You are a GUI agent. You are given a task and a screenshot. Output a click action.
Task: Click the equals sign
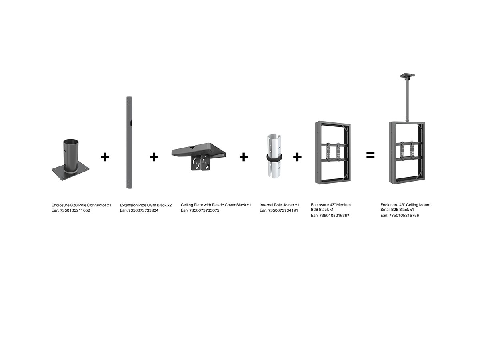[x=370, y=155]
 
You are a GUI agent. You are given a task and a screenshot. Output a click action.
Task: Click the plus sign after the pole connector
[x=105, y=157]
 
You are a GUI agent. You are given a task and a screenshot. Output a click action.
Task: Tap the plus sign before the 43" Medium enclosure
[x=297, y=157]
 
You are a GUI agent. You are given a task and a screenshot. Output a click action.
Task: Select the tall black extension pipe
[x=129, y=142]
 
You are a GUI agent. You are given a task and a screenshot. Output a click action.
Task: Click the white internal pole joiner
[x=274, y=156]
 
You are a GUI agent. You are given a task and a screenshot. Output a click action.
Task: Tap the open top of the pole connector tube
[x=71, y=142]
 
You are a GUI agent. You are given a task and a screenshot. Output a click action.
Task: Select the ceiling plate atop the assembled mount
[x=407, y=76]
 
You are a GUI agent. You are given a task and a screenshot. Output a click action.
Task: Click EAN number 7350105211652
[x=75, y=210]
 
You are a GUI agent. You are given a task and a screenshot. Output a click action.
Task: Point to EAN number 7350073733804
[x=143, y=210]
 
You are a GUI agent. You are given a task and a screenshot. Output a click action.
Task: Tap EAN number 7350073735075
[x=204, y=210]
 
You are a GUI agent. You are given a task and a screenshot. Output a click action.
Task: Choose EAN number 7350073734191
[x=283, y=210]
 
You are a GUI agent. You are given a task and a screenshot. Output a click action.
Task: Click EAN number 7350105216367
[x=334, y=216]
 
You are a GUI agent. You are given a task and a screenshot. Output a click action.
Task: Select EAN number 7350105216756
[x=404, y=215]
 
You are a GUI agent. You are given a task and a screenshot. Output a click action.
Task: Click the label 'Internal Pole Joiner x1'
[x=279, y=205]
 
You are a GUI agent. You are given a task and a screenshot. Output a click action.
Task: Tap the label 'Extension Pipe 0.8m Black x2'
[x=146, y=205]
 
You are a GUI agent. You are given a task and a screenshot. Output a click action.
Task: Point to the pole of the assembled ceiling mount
[x=407, y=100]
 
